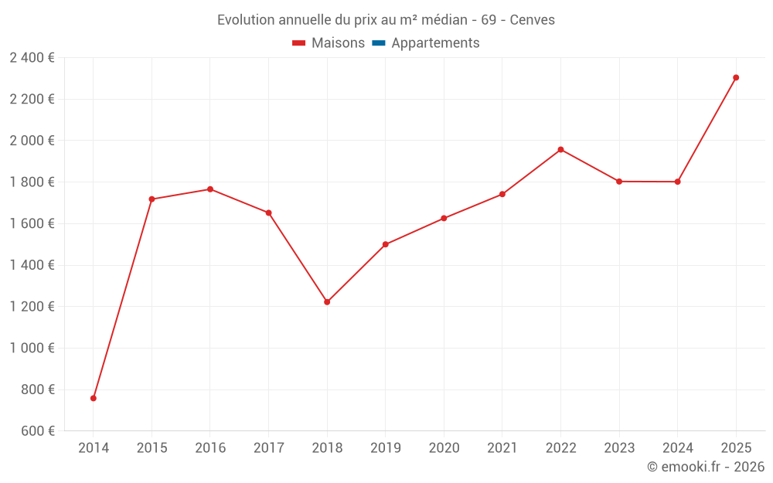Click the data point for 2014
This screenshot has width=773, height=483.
point(94,398)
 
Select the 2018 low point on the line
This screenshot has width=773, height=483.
point(327,302)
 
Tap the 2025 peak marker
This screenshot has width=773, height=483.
point(736,77)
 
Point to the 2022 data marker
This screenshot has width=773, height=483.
point(560,149)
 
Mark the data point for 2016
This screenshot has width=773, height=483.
point(210,189)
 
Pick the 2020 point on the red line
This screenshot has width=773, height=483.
point(444,218)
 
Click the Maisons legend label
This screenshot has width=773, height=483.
point(338,43)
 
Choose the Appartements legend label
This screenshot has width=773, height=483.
point(435,43)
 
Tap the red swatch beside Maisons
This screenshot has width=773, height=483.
point(299,43)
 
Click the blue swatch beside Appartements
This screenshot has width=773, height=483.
point(379,43)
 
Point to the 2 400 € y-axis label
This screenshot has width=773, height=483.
point(32,58)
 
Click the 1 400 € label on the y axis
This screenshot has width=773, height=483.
point(32,265)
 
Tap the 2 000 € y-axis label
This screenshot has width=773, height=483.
point(32,141)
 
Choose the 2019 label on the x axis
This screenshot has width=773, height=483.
point(385,448)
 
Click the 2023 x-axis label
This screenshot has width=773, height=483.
point(619,448)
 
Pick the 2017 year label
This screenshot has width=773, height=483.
point(268,448)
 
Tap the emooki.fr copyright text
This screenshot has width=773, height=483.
point(706,467)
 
